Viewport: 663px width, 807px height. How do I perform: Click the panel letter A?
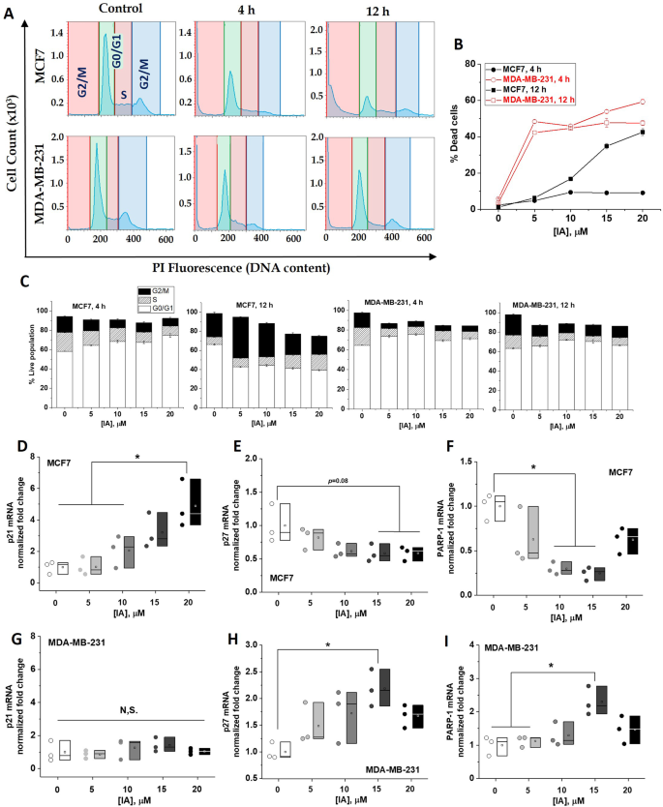click(x=10, y=9)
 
